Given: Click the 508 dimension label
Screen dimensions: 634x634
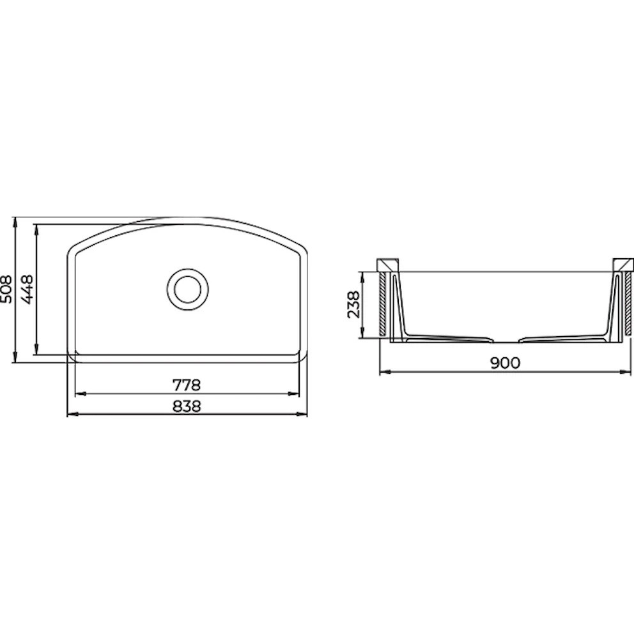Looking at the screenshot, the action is pos(7,289).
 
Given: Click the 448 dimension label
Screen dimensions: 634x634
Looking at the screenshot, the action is pos(27,289).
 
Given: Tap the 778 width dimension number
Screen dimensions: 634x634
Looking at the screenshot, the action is pos(187,385).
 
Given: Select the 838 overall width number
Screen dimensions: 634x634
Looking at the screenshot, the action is pos(187,406).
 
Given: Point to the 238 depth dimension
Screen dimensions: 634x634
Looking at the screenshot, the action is pos(353,304).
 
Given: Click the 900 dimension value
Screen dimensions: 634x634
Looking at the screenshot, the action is pos(505,363).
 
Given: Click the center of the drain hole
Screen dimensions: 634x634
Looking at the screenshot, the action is pos(188,289).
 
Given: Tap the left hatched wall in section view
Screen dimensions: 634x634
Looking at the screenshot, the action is pos(382,304).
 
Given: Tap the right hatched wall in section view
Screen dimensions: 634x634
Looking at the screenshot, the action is pos(628,304).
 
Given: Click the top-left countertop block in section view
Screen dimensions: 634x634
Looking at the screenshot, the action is pos(387,265).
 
